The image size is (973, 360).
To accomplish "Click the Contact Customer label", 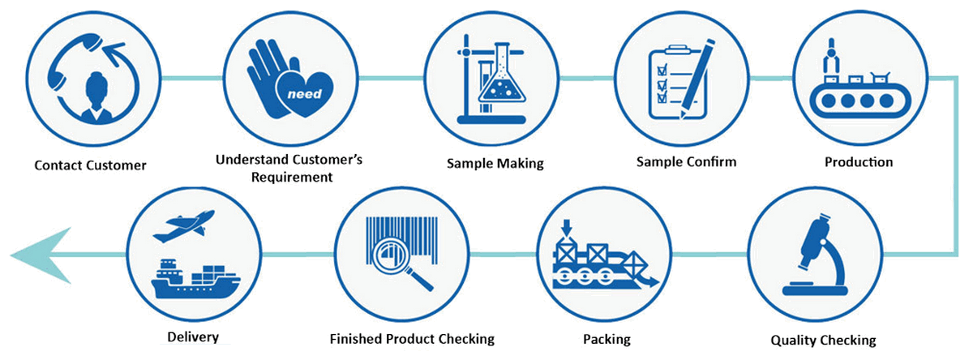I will [90, 165].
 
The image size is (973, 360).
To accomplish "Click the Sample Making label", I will [495, 163].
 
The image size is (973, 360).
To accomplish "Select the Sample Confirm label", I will [686, 161].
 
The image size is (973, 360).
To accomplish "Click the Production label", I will [859, 162].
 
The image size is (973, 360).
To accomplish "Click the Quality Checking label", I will [821, 339].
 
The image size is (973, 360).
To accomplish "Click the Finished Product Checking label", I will [412, 338].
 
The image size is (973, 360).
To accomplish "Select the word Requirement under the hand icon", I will [289, 177].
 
